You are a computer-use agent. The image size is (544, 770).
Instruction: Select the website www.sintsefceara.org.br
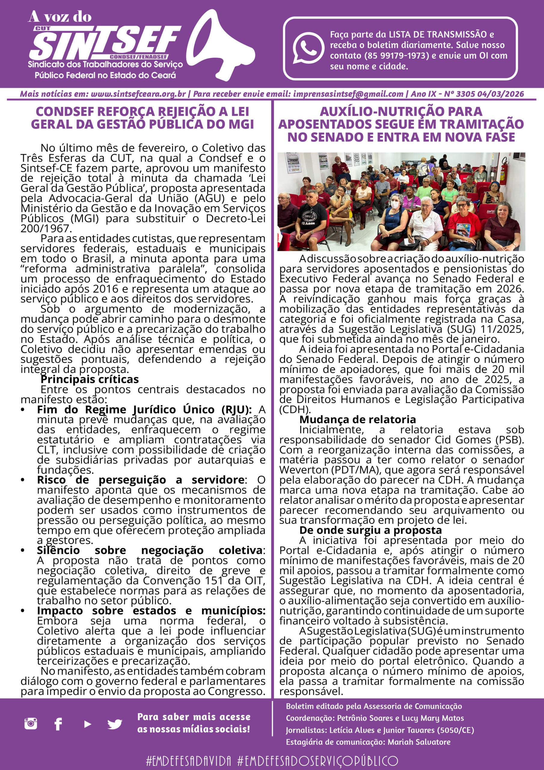(138, 94)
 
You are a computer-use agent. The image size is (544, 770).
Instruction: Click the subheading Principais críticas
(90, 379)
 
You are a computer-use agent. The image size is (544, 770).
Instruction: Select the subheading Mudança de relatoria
(357, 420)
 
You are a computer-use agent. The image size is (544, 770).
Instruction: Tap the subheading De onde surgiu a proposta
(370, 530)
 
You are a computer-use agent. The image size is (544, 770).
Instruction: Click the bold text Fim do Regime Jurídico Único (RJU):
(144, 409)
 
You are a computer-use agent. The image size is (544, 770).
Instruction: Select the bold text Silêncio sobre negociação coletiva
(150, 550)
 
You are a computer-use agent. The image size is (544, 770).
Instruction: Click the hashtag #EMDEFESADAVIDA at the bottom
(189, 761)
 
